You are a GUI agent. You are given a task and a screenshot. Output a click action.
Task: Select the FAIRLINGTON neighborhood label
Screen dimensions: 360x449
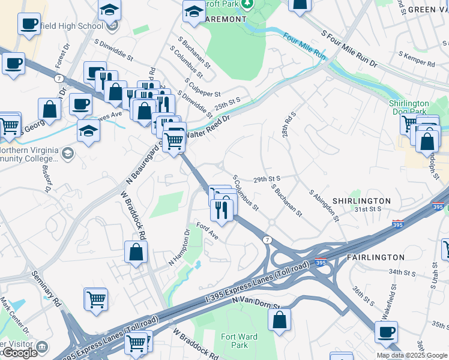[x=376, y=257]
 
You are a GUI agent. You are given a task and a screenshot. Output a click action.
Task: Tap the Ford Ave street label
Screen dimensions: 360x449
[x=207, y=232]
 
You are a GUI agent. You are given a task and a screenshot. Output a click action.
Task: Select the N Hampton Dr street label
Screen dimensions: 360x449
[x=179, y=248]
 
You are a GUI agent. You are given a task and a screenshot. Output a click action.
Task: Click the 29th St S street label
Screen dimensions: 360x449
[x=268, y=179]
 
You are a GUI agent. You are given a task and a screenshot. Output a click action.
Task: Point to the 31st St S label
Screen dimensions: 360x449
[x=367, y=209]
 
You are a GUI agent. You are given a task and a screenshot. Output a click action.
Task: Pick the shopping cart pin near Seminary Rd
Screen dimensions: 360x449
[x=96, y=298]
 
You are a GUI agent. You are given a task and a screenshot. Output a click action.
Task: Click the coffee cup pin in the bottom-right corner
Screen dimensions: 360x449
[x=386, y=331]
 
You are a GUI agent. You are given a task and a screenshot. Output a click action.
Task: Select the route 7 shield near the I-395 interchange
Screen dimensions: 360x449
[x=267, y=239]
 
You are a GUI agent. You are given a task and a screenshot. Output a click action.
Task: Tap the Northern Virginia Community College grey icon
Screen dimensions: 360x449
[x=67, y=153]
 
